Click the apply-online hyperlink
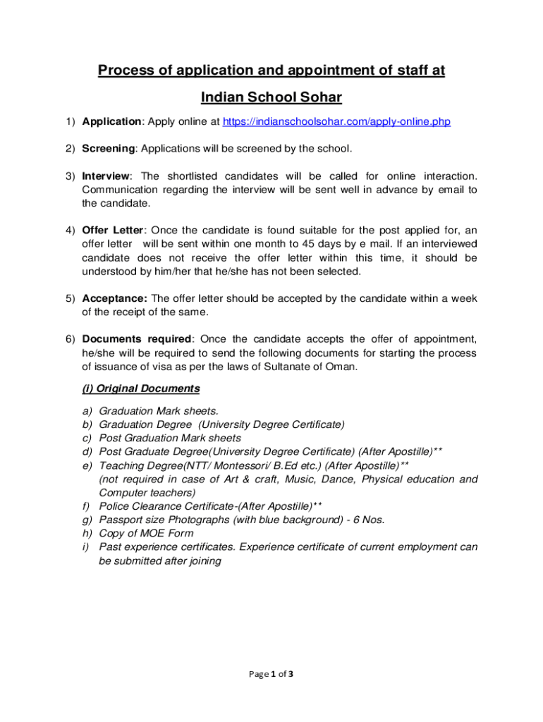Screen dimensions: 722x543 tap(336, 122)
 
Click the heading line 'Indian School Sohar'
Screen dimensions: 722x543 tap(271, 97)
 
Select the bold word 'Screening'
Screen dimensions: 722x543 tap(108, 149)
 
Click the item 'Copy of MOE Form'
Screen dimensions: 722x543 tap(146, 533)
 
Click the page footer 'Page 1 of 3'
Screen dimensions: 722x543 tap(271, 674)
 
